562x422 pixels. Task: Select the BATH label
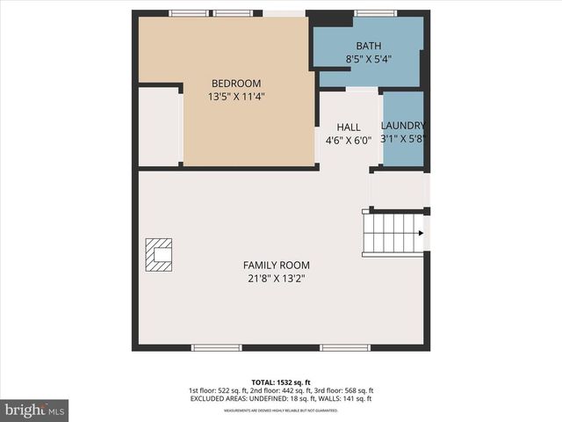click(368, 46)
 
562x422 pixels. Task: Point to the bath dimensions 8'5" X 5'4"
click(368, 59)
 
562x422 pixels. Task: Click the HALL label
click(349, 127)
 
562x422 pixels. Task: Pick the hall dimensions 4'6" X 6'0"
click(349, 139)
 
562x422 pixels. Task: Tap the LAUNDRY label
click(403, 126)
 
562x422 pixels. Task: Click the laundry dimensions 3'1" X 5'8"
click(403, 139)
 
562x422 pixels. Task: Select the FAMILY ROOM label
click(276, 265)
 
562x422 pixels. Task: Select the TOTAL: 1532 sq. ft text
click(281, 382)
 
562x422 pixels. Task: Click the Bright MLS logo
click(35, 410)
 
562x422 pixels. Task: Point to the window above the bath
click(375, 13)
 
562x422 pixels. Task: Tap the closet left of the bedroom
click(159, 126)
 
